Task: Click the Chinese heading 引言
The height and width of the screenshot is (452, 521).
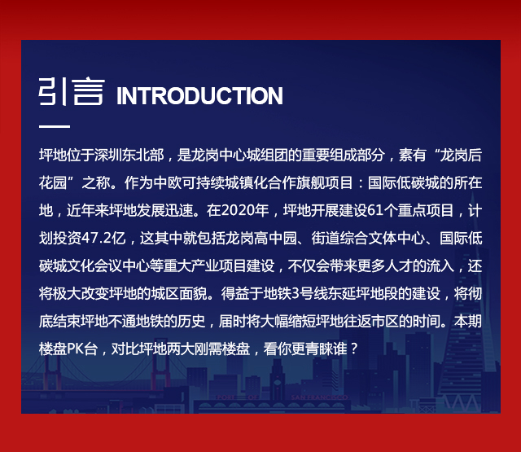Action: pyautogui.click(x=72, y=92)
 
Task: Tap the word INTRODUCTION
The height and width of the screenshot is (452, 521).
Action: pyautogui.click(x=199, y=96)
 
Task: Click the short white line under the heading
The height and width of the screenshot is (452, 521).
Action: pyautogui.click(x=55, y=126)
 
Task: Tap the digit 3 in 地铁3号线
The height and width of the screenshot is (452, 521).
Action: pyautogui.click(x=296, y=293)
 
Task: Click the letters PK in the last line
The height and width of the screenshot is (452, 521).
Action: pyautogui.click(x=75, y=349)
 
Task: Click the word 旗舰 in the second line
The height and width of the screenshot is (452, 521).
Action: pyautogui.click(x=310, y=182)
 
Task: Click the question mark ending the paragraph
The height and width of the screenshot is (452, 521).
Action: pyautogui.click(x=355, y=349)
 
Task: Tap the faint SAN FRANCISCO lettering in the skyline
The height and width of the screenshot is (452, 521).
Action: pyautogui.click(x=319, y=397)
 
